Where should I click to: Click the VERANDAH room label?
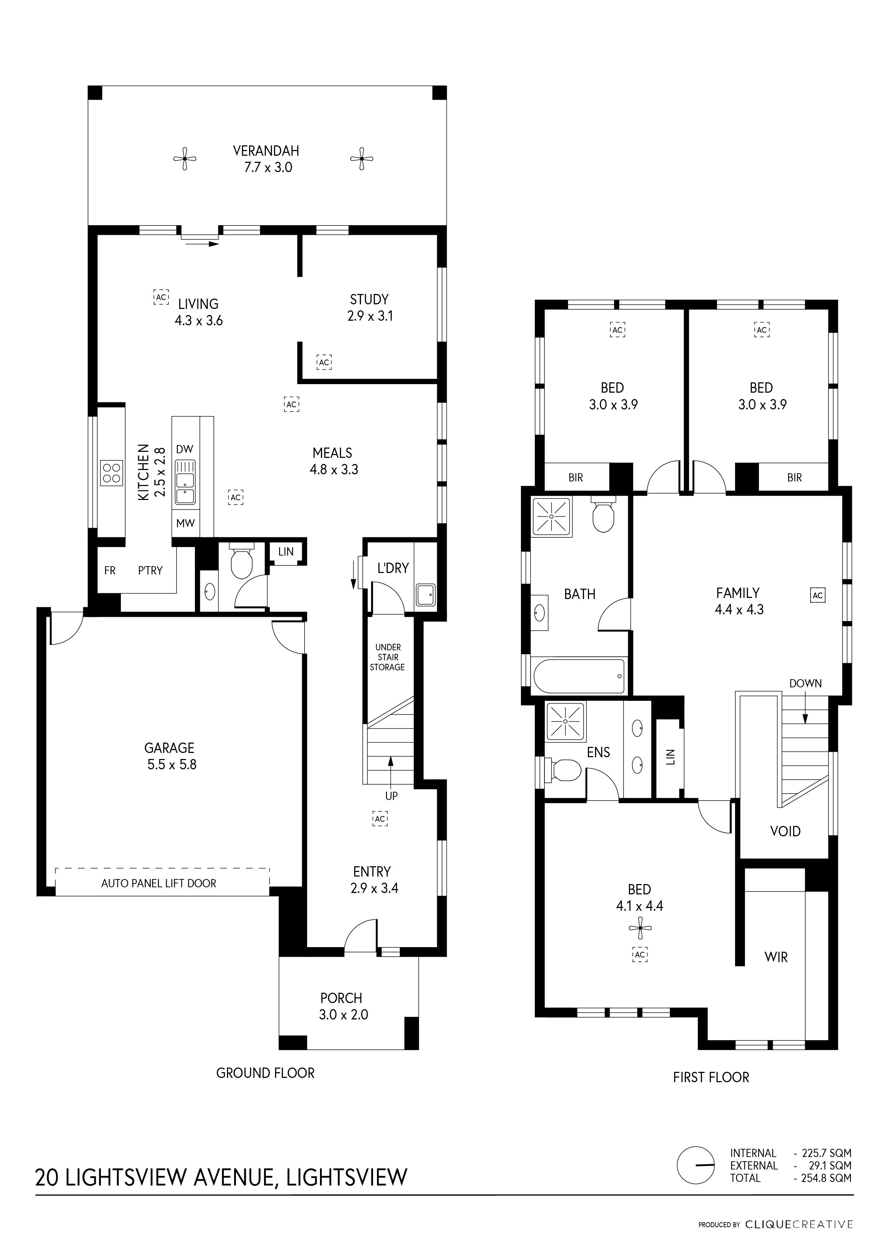(266, 151)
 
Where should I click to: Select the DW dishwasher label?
(185, 449)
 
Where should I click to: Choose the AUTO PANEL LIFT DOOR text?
(159, 884)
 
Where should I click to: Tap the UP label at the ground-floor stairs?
(391, 796)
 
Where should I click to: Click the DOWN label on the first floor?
(806, 683)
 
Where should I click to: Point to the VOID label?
(785, 831)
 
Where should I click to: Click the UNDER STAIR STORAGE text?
(388, 657)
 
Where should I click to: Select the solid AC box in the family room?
(818, 595)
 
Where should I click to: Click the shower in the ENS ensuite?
(565, 721)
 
